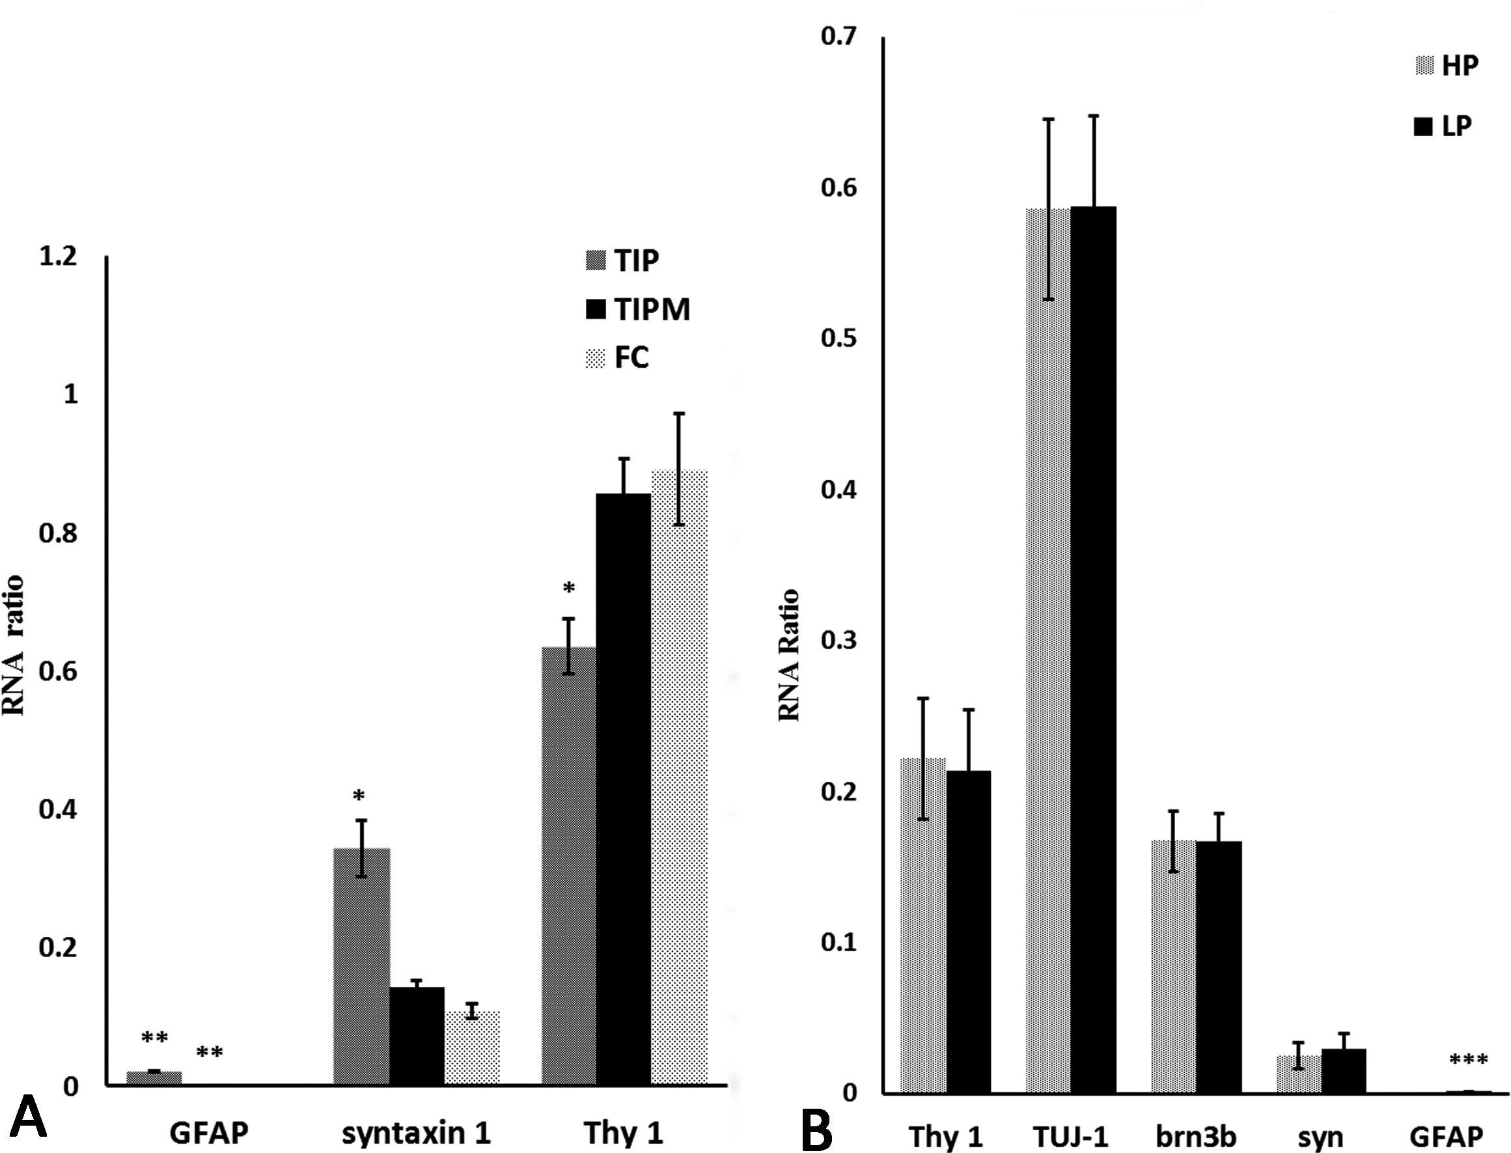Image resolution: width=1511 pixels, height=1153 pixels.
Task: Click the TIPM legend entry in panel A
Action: [637, 309]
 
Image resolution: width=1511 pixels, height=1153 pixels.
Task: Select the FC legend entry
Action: [618, 357]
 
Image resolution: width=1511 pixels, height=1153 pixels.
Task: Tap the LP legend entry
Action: [1443, 126]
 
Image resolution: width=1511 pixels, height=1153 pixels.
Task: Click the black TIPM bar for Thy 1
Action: [623, 789]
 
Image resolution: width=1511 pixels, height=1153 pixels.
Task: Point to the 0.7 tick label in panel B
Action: [839, 36]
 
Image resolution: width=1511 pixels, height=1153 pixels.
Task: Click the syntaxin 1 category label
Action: [417, 1132]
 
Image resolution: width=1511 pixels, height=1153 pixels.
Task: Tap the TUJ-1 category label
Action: [1070, 1137]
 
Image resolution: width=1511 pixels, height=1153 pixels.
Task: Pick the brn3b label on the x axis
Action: [1195, 1137]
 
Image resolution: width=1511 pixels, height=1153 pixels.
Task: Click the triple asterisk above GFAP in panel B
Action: [1469, 1061]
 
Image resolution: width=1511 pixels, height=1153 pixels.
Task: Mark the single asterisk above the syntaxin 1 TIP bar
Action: [359, 796]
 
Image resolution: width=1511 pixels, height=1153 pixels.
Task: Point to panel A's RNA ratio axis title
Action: [14, 645]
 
